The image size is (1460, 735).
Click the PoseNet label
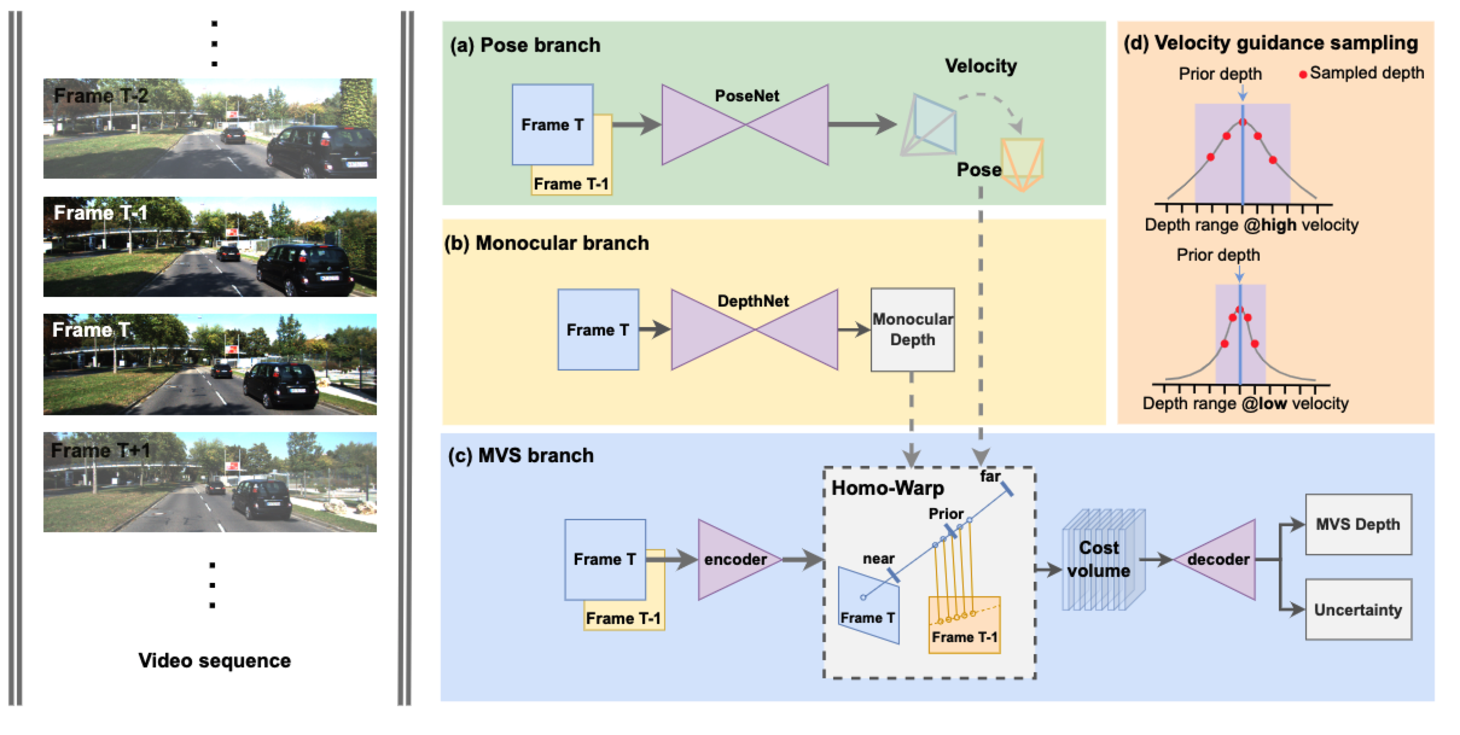point(746,96)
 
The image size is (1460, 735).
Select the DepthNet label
point(753,301)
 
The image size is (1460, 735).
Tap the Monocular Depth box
point(912,329)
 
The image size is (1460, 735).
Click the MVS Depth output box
point(1358,524)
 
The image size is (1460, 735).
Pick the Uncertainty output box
point(1358,609)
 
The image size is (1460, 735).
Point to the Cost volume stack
point(1103,559)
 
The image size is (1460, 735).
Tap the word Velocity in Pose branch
point(981,66)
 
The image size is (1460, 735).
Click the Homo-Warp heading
point(888,488)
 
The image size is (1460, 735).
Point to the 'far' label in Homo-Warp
point(990,477)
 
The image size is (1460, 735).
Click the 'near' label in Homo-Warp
point(879,559)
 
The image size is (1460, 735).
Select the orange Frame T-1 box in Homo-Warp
point(964,625)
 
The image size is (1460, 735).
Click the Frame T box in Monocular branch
point(598,329)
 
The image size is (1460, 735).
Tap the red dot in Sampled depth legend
point(1303,74)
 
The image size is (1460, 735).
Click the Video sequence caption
point(214,661)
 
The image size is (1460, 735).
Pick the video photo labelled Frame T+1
point(210,482)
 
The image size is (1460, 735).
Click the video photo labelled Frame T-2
point(210,128)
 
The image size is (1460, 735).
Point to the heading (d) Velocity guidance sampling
point(1270,43)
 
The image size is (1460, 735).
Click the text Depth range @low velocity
point(1245,404)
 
